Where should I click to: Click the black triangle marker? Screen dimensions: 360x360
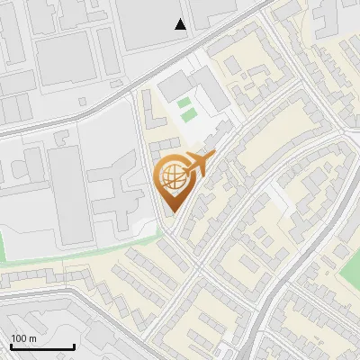(x=181, y=24)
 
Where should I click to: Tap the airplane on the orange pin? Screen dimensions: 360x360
(x=198, y=164)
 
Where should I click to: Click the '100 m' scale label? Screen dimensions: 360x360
(x=23, y=338)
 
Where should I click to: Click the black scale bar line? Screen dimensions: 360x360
(x=42, y=346)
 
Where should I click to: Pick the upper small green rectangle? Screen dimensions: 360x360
(x=186, y=103)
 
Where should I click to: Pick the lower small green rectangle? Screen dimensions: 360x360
(x=187, y=115)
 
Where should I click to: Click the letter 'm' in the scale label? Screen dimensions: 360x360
(x=32, y=338)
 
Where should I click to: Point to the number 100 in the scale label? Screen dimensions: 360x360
(x=19, y=338)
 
